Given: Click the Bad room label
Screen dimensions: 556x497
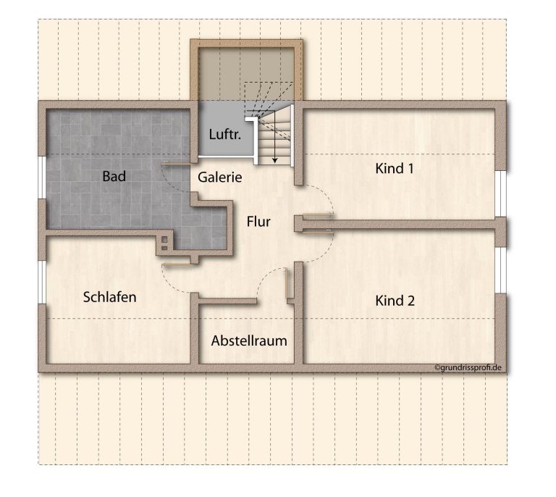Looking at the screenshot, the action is coord(114,176).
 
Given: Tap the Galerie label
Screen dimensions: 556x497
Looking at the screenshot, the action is coord(220,177).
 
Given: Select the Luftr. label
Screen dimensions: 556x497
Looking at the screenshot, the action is coord(225,134).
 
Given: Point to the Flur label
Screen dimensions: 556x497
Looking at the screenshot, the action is coord(258,222).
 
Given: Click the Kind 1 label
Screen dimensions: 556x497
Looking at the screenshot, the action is coord(395,169).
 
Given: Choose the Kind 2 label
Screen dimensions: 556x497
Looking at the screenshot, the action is coord(395,301).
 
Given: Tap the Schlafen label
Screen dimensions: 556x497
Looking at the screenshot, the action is coord(109,297).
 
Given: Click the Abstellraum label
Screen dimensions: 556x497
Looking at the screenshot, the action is coord(249,341).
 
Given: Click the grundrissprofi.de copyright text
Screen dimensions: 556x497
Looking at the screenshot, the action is coord(468,367).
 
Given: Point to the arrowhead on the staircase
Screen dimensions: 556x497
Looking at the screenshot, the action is coord(275,161).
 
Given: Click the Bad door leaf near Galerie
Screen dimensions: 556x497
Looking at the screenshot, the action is coord(176,164).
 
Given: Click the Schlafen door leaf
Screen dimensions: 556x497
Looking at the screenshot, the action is coord(176,264).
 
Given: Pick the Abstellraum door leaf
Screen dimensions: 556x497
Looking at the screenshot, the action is coord(287,283).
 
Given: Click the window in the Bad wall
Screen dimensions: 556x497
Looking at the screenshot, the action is coord(42,177).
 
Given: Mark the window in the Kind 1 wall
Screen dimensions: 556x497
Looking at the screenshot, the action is coord(501,193).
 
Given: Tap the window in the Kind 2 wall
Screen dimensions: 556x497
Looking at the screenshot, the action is coord(501,270).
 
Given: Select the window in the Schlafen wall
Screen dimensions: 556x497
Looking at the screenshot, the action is coord(42,282).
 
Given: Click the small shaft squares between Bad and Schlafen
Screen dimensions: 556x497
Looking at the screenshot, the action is coord(164,243).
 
